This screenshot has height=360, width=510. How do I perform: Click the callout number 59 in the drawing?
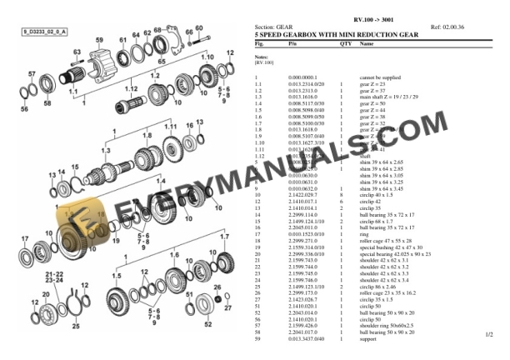(100, 39)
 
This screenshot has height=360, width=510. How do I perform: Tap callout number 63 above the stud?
(76, 52)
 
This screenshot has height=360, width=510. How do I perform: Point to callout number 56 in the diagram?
(24, 108)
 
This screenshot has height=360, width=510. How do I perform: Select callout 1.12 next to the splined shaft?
(130, 87)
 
